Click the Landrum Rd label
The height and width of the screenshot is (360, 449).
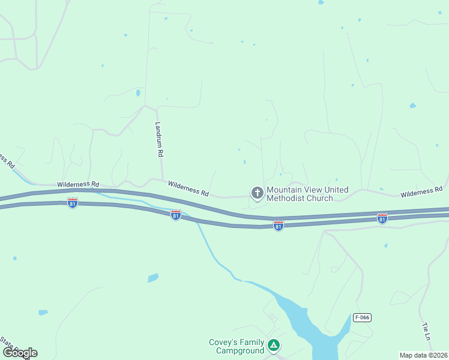tap(159, 139)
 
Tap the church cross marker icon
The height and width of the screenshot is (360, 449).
tap(257, 193)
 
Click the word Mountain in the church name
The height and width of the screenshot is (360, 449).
tap(286, 190)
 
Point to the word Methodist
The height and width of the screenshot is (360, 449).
tap(286, 198)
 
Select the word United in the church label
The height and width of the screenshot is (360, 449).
tap(336, 190)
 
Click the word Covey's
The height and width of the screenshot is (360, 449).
tap(223, 343)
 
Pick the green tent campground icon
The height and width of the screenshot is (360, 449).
tap(274, 345)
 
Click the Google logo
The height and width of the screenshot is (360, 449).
tap(20, 353)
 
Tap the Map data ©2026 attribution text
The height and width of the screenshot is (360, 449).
tap(424, 355)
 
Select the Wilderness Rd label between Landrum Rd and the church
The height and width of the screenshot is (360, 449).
tap(188, 189)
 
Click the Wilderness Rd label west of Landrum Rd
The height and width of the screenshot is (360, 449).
tap(77, 184)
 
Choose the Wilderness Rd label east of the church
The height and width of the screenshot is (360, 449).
tap(421, 192)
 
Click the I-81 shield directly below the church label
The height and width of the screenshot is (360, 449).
tap(279, 226)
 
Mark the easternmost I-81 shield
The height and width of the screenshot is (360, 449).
tap(382, 218)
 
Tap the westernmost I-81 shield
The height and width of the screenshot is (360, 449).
tap(73, 203)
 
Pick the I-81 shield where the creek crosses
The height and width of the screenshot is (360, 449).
tap(176, 215)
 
